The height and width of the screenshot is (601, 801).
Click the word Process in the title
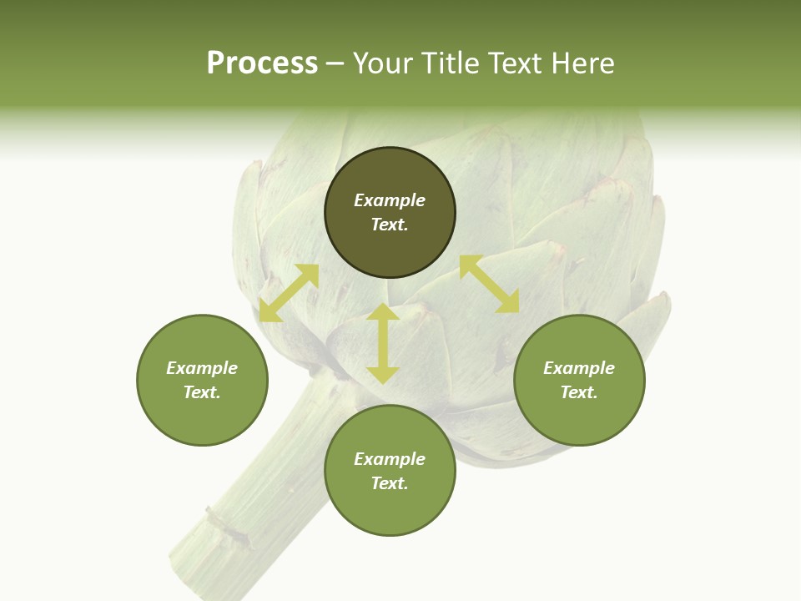coord(262,63)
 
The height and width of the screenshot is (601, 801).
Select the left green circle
coord(202,417)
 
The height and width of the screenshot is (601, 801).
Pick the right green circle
coord(579,417)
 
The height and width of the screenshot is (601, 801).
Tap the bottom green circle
coord(390,509)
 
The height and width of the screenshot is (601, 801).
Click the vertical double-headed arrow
coord(383,343)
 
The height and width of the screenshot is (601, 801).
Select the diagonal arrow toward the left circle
coord(289,293)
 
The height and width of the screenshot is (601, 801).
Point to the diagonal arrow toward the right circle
coord(489,284)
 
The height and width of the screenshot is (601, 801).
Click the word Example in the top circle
coord(390,200)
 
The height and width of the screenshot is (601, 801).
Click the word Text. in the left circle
coord(202,392)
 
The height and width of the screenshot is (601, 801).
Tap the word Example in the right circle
coord(579,368)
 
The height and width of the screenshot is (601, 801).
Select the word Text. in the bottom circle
coord(390,483)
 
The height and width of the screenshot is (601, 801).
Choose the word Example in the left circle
coord(202,368)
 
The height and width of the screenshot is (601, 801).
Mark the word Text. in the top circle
coord(390,225)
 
